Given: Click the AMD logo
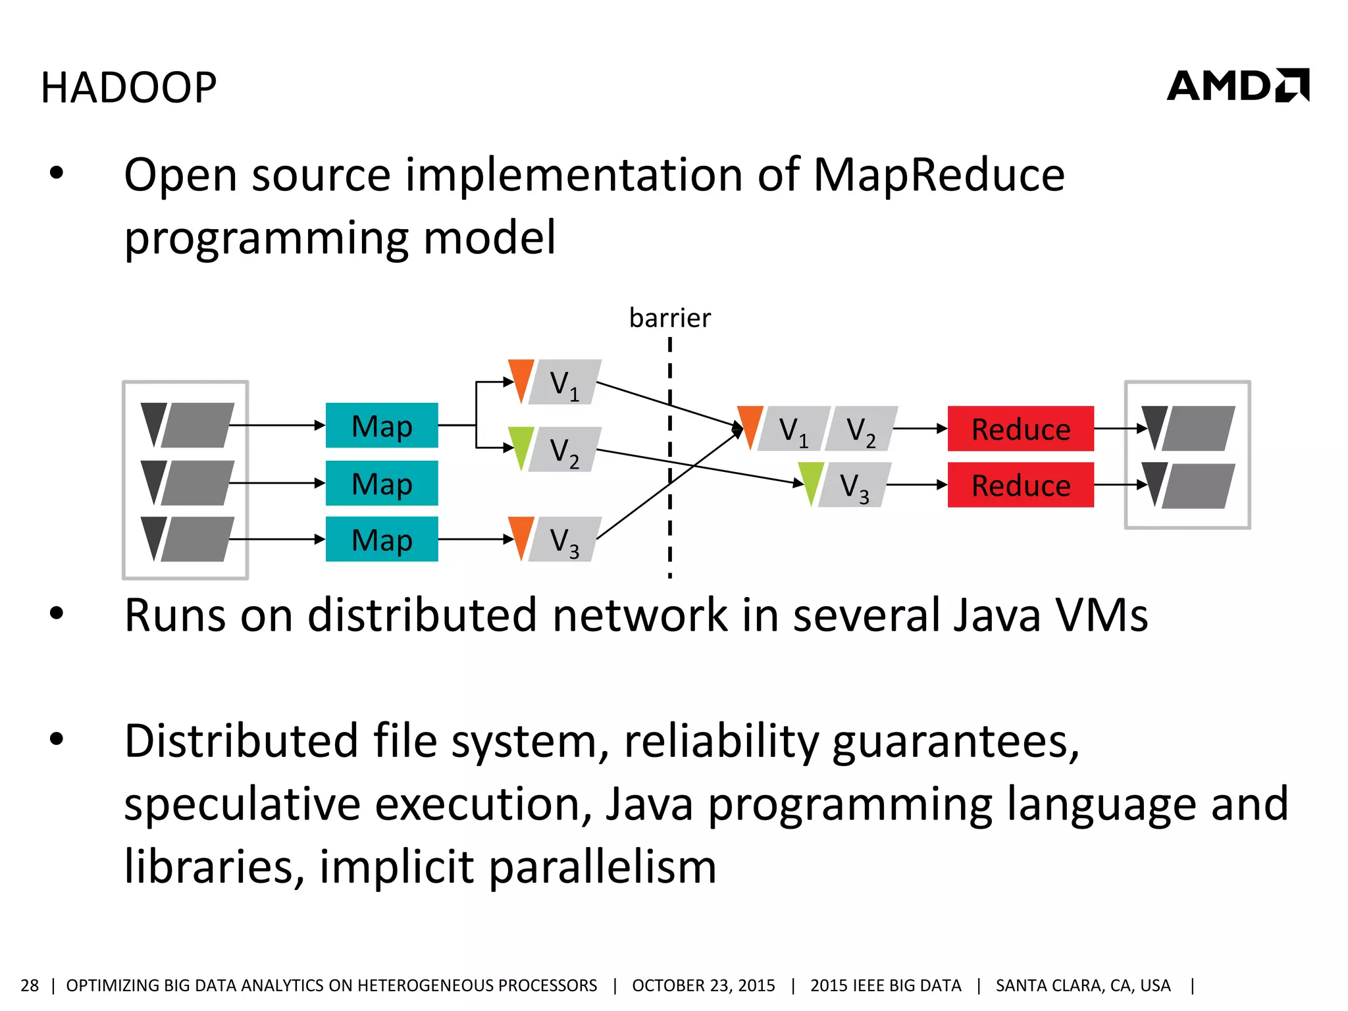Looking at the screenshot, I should pos(1237,86).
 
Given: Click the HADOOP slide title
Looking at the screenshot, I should pos(129,88).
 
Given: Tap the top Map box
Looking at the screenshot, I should pos(382,426).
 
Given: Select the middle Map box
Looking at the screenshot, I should pos(382,484).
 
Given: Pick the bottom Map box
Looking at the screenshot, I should pos(382,540).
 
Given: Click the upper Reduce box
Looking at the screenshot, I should pos(1020,429).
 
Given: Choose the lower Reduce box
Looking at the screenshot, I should pos(1020,486).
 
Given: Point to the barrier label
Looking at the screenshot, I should pos(670,318).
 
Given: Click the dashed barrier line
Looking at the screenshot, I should pos(670,461).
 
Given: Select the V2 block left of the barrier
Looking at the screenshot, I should pos(565,450).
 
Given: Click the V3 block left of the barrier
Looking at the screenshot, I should pos(565,540).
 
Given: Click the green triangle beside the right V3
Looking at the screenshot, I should pos(811,480).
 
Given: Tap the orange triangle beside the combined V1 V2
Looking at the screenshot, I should pos(750,425).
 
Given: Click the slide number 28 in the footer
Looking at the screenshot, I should pos(30,985).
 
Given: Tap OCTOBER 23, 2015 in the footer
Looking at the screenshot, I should pos(704,985).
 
